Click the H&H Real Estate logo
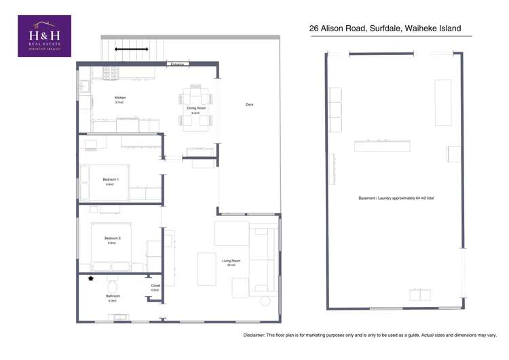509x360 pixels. coord(43,36)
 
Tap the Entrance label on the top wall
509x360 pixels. coord(177,64)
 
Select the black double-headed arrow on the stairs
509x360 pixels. coord(131,49)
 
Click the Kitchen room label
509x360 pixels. coord(120,98)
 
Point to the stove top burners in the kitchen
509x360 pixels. coord(111,71)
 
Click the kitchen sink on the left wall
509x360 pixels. coord(84,87)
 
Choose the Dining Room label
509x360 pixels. coord(196,109)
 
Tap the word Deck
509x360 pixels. coord(250,105)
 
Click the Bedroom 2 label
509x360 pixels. coord(112,238)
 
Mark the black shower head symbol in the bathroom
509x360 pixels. coord(90,278)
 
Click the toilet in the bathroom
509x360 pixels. coord(113,281)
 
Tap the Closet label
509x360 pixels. coord(155,286)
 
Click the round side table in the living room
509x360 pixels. coord(265,300)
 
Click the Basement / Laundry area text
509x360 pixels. coord(396,198)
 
